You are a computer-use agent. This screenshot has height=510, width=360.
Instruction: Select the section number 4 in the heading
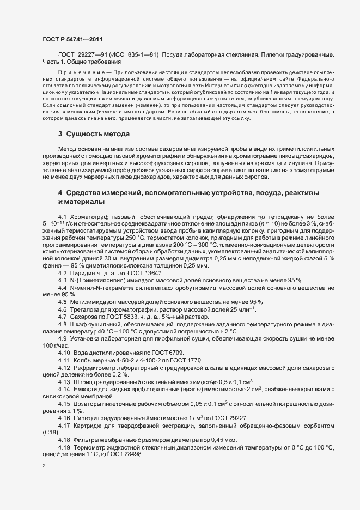[x=60, y=193]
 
